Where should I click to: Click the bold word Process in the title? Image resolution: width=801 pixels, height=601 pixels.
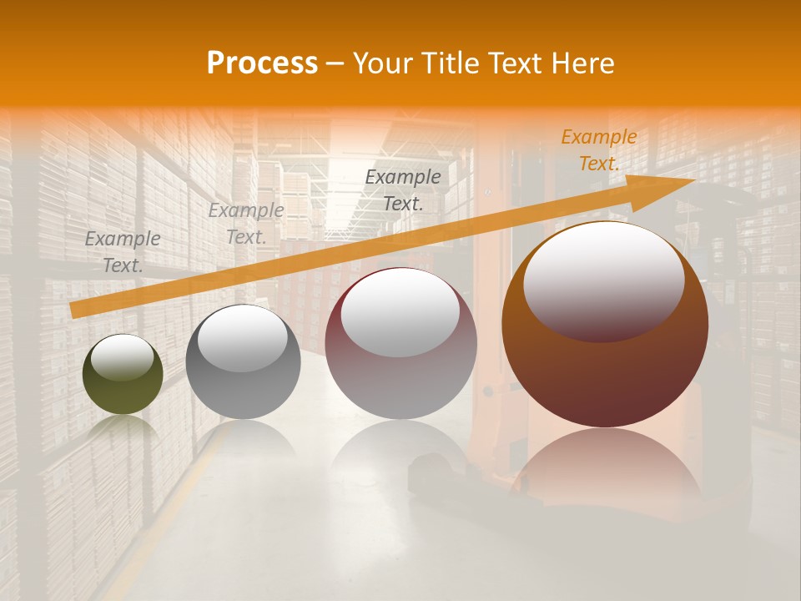click(x=262, y=63)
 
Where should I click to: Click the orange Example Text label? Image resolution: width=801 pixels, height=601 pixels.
click(x=599, y=150)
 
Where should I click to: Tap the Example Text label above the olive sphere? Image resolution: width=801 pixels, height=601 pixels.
click(x=123, y=251)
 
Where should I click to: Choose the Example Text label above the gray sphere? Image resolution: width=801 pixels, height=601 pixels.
click(x=246, y=223)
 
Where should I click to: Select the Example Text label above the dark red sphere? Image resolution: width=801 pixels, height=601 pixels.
click(x=403, y=189)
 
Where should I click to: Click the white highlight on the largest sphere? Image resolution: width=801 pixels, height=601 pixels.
click(x=603, y=280)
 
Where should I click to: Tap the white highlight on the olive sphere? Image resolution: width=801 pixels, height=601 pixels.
click(x=123, y=357)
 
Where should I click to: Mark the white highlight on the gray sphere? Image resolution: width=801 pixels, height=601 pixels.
click(x=243, y=337)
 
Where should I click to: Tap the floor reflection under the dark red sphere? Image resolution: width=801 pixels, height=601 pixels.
click(x=400, y=455)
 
